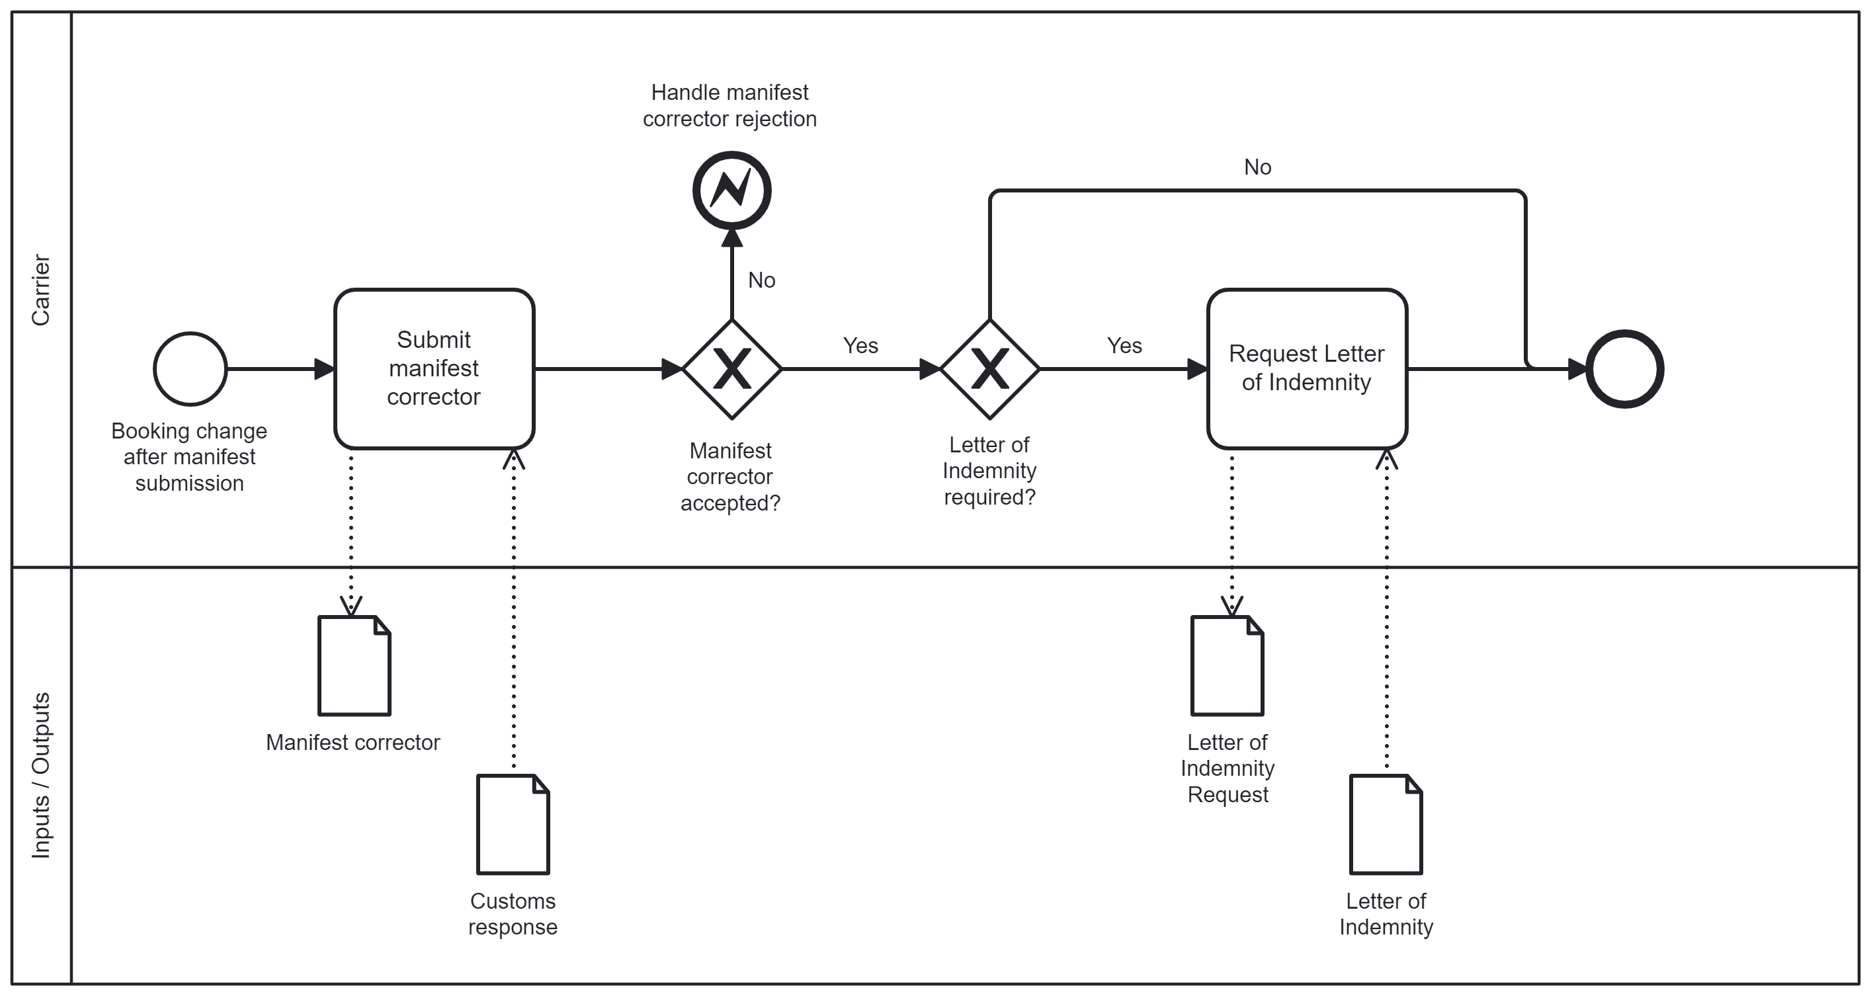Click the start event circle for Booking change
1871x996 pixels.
tap(190, 369)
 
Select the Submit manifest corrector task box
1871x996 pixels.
tap(435, 369)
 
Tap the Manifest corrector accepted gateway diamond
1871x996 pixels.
tap(732, 369)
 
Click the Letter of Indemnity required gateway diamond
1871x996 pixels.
tap(990, 369)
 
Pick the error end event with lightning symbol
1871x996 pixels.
tap(731, 190)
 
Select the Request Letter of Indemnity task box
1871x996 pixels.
tap(1307, 369)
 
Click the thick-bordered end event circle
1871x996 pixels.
tap(1625, 369)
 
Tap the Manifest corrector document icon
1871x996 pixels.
tap(354, 666)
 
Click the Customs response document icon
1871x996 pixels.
tap(513, 825)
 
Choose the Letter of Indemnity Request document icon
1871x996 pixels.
tap(1227, 666)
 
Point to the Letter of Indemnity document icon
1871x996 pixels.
tap(1386, 825)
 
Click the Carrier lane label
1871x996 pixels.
tap(41, 289)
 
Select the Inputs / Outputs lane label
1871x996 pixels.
tap(41, 775)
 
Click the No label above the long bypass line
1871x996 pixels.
tap(1257, 167)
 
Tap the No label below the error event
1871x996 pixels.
tap(761, 280)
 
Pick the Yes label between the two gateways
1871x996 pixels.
tap(860, 346)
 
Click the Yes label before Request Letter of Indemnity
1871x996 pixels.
tap(1124, 346)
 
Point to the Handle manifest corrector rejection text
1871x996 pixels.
tap(729, 105)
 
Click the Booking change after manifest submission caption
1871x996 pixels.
tap(189, 457)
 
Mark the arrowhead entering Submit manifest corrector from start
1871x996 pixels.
tap(325, 369)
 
